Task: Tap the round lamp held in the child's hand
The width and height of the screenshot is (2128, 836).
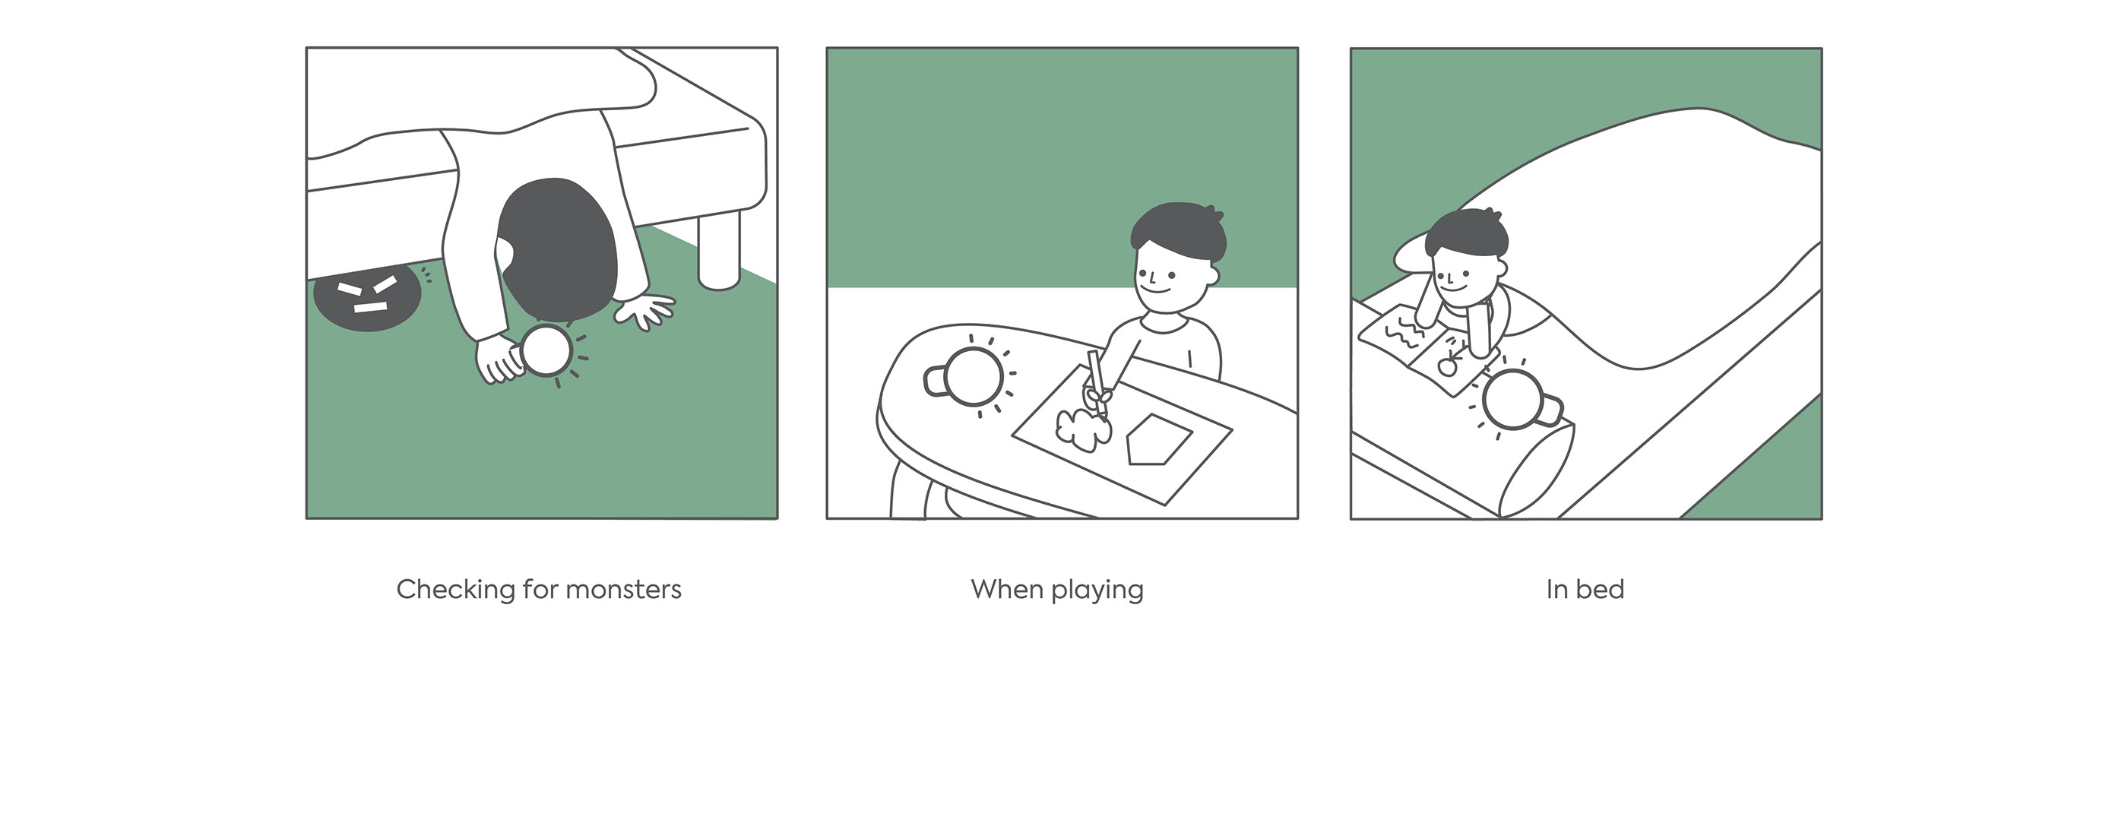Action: point(546,351)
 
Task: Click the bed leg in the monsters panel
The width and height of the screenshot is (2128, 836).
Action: point(720,249)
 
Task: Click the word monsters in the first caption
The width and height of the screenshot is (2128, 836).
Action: point(624,590)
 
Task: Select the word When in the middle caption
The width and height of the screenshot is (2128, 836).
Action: point(1007,589)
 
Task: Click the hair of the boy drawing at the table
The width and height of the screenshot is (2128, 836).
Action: point(1178,231)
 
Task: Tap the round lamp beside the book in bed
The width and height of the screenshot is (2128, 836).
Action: point(1517,400)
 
